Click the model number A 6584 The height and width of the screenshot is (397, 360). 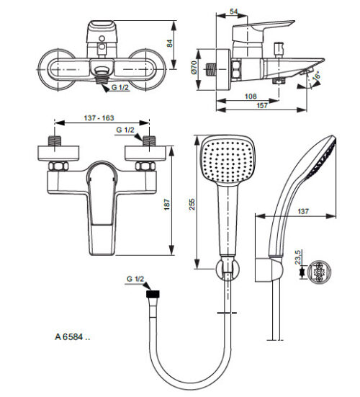coord(72,337)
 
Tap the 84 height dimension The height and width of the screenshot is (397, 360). coord(169,43)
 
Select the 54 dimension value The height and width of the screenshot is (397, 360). coord(234,12)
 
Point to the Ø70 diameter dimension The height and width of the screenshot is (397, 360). coord(194,67)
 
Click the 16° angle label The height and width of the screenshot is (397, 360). coord(316,76)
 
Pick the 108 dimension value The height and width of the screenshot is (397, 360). coord(251,97)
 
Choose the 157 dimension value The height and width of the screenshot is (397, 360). coord(262,105)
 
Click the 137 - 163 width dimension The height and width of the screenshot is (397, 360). coord(99,118)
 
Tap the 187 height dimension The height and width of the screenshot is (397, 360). coord(167,205)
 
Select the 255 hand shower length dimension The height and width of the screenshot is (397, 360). coord(192,204)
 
